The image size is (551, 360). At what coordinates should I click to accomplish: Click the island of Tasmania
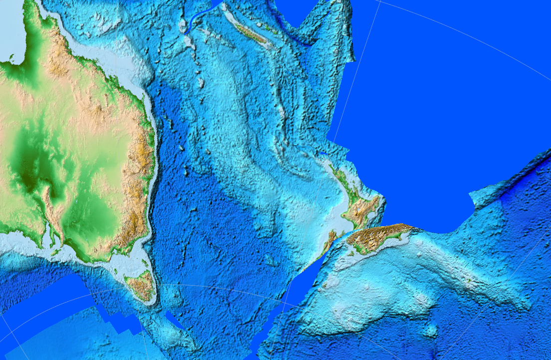point(141,285)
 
